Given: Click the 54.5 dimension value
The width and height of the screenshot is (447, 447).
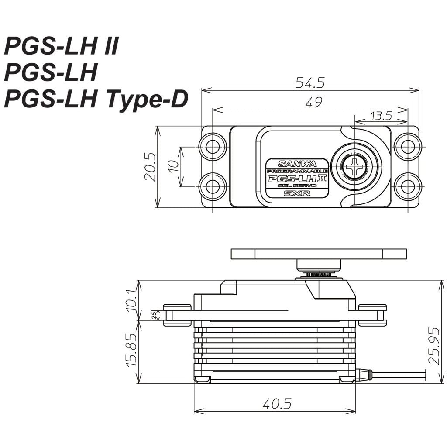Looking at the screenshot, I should (x=310, y=83).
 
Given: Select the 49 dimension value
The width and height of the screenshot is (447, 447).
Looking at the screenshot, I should (x=314, y=102).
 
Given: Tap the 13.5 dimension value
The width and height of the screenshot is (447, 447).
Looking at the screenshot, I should (x=381, y=116).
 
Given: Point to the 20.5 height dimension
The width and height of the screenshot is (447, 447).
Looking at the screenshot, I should (x=149, y=166).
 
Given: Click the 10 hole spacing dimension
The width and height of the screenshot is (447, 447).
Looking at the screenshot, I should (x=173, y=167).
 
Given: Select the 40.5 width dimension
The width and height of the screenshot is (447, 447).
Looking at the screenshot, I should (x=277, y=404).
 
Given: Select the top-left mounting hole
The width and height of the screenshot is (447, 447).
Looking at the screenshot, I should (x=213, y=147).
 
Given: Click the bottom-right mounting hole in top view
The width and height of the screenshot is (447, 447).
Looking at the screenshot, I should (x=407, y=186).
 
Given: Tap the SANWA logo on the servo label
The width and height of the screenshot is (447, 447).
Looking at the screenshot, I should (x=297, y=164).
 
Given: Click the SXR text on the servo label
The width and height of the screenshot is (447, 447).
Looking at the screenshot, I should (x=297, y=193).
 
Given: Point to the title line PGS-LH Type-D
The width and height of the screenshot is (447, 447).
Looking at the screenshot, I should (x=96, y=100).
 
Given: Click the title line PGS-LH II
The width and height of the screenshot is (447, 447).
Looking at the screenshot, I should (x=61, y=46).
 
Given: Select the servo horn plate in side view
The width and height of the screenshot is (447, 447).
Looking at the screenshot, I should (x=318, y=254).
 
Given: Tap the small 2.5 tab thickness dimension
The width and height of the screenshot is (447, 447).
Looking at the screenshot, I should (x=154, y=315).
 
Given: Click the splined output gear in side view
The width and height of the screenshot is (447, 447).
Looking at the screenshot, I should (x=318, y=275).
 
